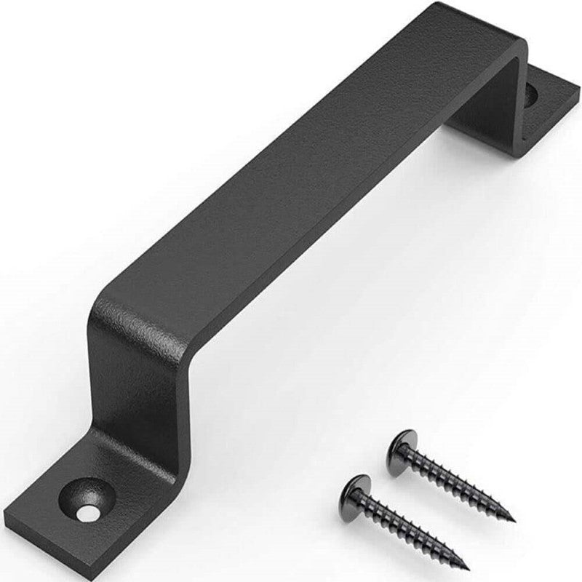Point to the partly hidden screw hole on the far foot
pyautogui.click(x=531, y=95)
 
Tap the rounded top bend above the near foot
pyautogui.click(x=109, y=306)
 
